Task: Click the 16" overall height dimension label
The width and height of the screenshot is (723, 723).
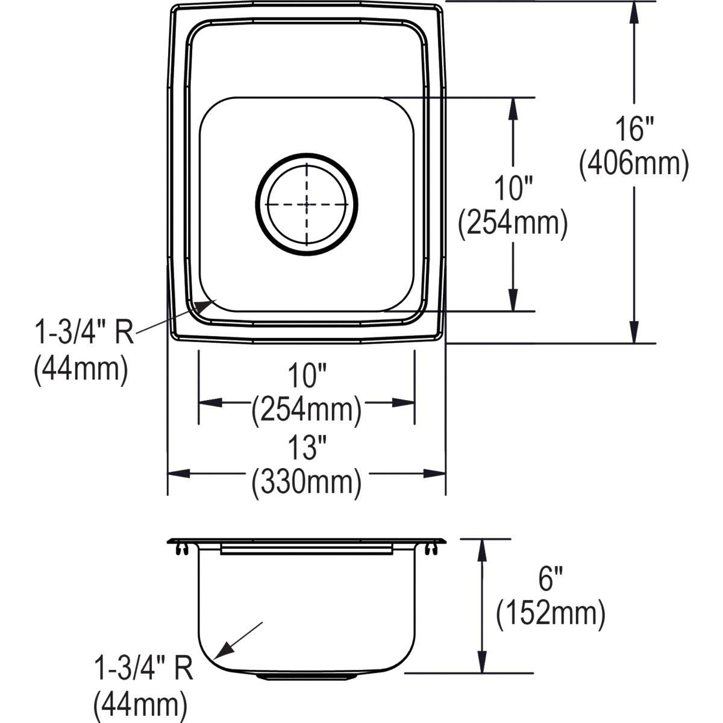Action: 634,129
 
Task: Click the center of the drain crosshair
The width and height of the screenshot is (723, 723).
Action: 307,204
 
